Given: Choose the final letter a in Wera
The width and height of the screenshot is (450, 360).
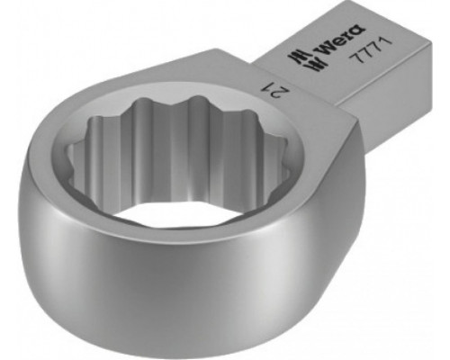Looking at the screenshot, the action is pyautogui.click(x=358, y=30).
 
